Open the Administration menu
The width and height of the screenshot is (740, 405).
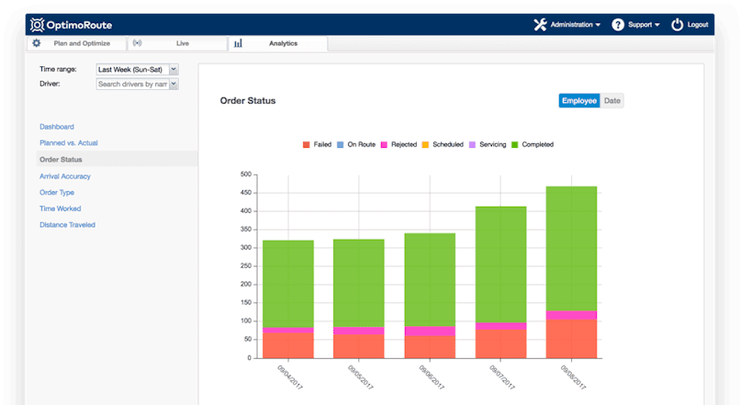click(x=568, y=25)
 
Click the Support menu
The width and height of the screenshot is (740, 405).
click(x=636, y=25)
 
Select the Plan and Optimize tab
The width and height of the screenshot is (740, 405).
click(x=81, y=43)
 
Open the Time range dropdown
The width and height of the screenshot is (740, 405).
click(x=137, y=69)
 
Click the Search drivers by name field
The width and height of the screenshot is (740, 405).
click(x=132, y=84)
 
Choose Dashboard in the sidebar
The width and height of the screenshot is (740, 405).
click(x=57, y=127)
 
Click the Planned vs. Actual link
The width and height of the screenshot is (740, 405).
click(x=69, y=143)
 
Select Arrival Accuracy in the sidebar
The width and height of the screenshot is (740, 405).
click(x=65, y=176)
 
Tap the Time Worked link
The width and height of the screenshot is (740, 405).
click(x=61, y=208)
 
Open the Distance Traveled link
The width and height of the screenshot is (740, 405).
click(x=67, y=225)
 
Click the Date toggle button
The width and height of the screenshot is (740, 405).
click(x=612, y=101)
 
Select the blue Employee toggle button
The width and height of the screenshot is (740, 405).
click(x=579, y=101)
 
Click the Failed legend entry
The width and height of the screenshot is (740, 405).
click(x=317, y=145)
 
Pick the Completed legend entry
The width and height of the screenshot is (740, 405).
click(x=532, y=145)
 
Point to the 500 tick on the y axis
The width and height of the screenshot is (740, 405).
click(x=245, y=174)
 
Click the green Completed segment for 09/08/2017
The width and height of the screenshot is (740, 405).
click(x=571, y=248)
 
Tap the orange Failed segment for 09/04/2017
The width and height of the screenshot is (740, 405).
click(x=288, y=344)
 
